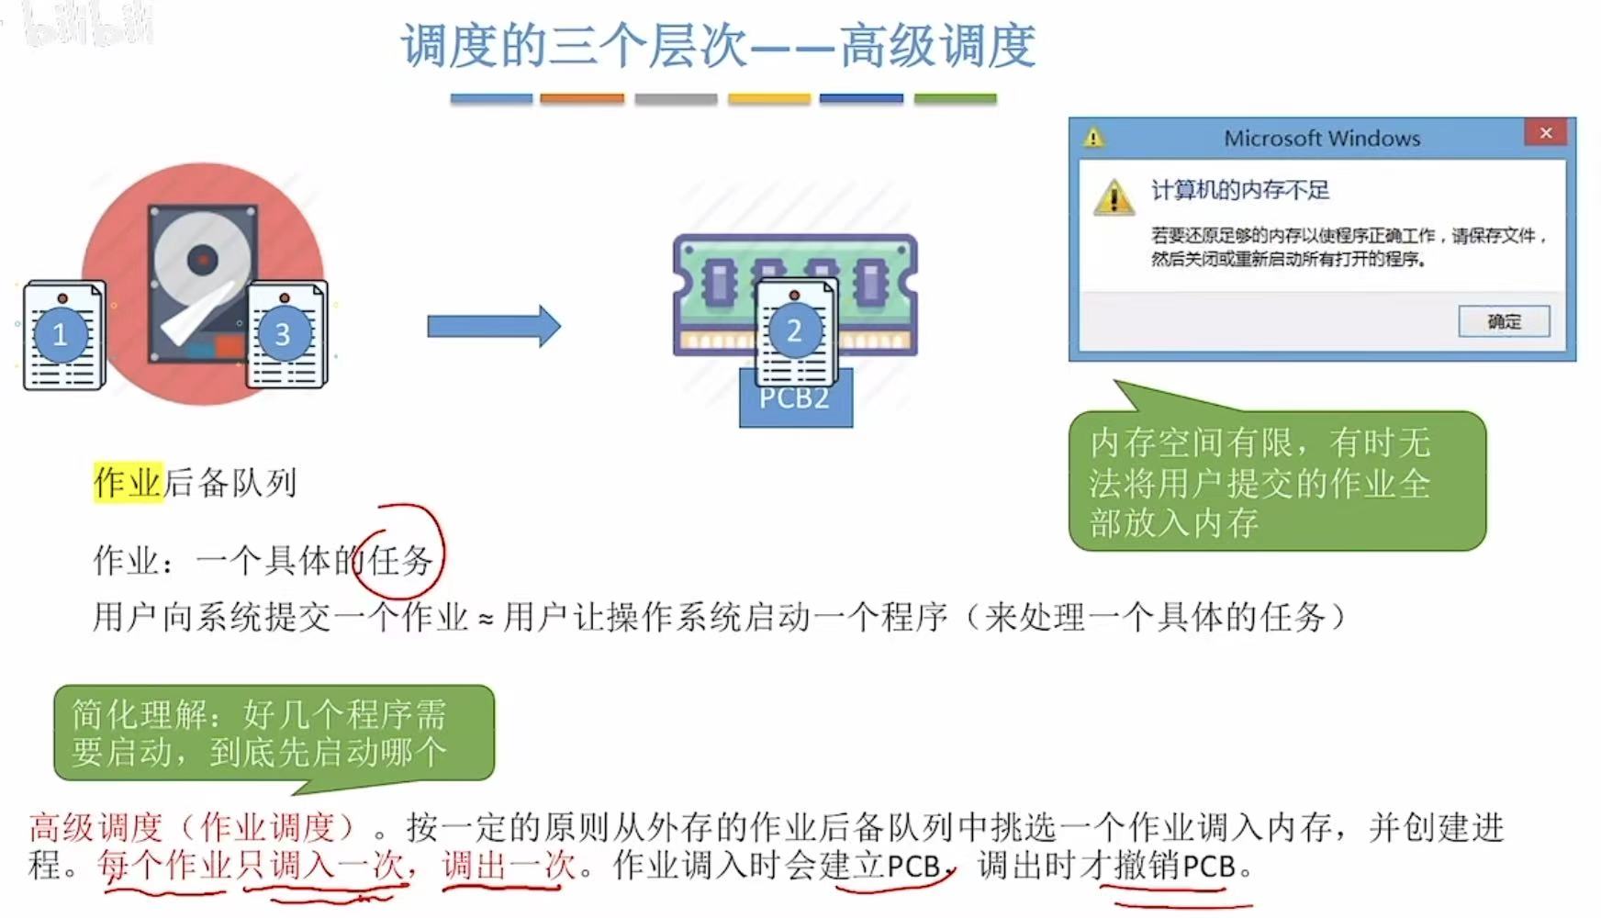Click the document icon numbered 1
(62, 335)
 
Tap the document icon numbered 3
(285, 334)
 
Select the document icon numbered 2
(795, 331)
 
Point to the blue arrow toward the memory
(493, 326)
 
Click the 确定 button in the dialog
(1504, 321)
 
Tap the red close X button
(1546, 133)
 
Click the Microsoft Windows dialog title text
(1321, 139)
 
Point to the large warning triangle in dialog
(1114, 196)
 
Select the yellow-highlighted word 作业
(128, 482)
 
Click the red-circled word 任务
(400, 560)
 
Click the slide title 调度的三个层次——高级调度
(719, 46)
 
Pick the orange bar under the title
(582, 98)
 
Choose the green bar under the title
(955, 98)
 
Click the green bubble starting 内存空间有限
(1276, 482)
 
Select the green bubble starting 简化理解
(274, 733)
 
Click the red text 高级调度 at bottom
(95, 828)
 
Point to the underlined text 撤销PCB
(1175, 866)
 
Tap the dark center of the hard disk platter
(202, 260)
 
